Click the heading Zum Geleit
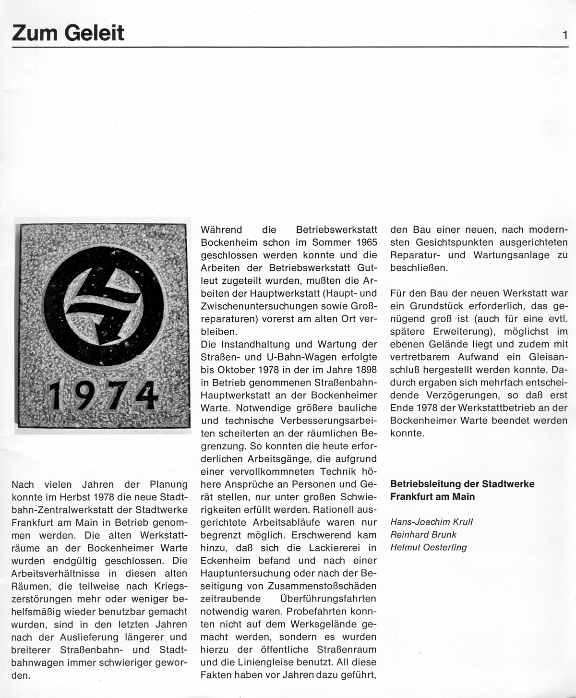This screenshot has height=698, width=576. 68,33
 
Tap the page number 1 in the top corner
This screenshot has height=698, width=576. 566,36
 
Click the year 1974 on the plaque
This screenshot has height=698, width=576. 104,395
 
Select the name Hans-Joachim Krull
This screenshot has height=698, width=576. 431,522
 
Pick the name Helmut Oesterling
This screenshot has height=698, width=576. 428,547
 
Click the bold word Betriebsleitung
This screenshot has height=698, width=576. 426,484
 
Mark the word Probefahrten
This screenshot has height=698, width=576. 315,612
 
